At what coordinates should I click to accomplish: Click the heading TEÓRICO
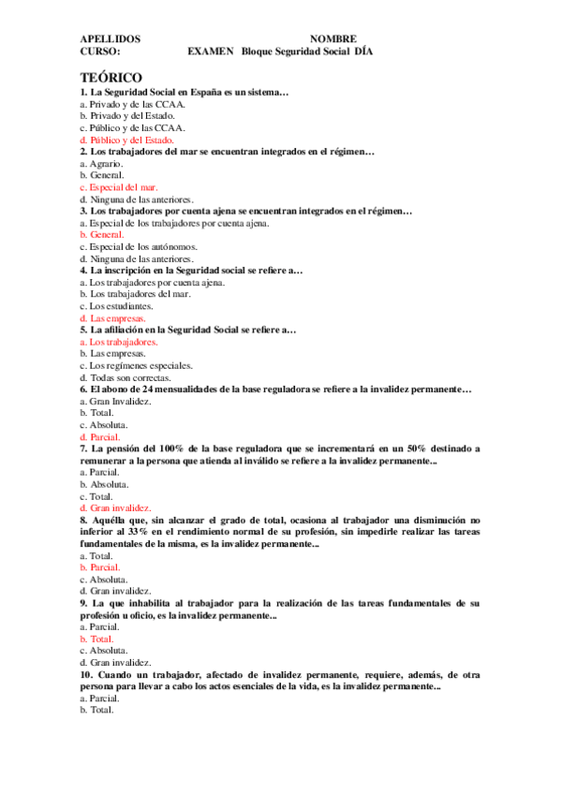coord(111,76)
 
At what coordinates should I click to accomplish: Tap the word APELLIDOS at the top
coord(111,39)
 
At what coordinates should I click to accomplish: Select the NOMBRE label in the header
coord(332,39)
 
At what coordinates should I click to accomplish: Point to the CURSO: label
coord(100,52)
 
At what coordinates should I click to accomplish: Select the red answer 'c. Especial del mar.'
coord(118,187)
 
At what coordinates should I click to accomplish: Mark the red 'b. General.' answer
coord(102,235)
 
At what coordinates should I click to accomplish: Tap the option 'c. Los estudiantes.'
coord(116,306)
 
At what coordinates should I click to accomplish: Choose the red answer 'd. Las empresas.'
coord(112,318)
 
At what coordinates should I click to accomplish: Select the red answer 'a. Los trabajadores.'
coord(119,343)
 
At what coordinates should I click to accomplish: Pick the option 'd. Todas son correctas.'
coord(125,378)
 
